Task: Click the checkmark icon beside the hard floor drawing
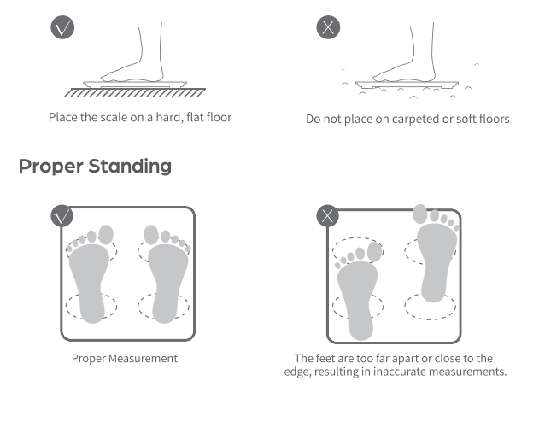pos(62,27)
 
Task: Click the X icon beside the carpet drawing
pos(328,27)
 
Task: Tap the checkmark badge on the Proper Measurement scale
pos(62,216)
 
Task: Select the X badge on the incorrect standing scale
pos(327,216)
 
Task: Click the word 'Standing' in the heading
pos(130,167)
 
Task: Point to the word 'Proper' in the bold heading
pos(50,167)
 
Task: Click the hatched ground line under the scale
pos(135,92)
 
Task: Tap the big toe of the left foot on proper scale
pos(106,235)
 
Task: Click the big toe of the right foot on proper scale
pos(151,234)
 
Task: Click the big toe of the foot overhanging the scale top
pos(420,214)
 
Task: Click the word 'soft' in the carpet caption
pos(466,119)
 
